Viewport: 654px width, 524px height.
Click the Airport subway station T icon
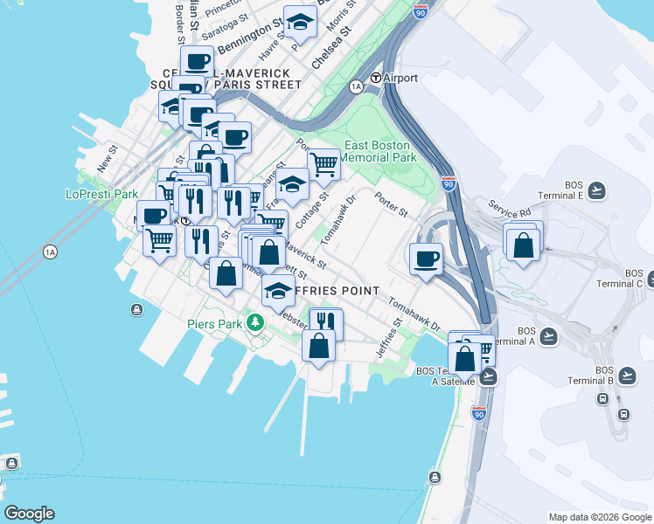click(375, 78)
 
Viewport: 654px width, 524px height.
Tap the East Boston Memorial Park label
click(379, 151)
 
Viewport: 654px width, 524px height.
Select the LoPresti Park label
click(102, 194)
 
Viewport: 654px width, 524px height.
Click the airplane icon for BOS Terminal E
click(597, 190)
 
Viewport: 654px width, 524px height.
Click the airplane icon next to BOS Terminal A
click(548, 335)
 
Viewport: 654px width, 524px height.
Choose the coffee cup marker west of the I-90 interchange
click(427, 259)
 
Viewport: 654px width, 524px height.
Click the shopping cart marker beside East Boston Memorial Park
click(324, 163)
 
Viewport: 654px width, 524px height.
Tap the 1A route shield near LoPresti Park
click(50, 252)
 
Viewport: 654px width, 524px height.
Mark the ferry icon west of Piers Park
click(137, 310)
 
